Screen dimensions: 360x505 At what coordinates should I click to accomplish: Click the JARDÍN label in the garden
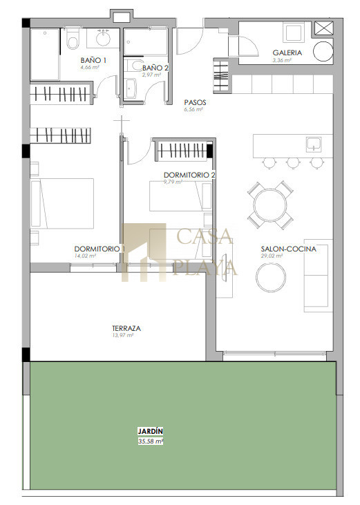point(151,431)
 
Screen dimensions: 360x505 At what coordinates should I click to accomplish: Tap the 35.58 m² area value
point(151,441)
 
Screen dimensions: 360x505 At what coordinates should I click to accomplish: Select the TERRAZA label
point(126,329)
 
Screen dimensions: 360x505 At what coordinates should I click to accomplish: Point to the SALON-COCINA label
point(289,249)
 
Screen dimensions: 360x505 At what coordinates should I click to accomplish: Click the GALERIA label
point(287,53)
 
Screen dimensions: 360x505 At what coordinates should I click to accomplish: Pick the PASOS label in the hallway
point(195,102)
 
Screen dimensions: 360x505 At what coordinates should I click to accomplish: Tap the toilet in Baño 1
point(73,39)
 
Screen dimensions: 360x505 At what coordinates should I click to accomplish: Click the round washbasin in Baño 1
point(104,38)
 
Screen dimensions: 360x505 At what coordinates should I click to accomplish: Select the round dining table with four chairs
point(270,205)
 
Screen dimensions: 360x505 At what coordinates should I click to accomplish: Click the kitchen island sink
point(314,144)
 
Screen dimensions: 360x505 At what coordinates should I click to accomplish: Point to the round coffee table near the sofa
point(271,277)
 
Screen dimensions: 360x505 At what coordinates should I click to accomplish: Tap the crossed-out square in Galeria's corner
point(323,28)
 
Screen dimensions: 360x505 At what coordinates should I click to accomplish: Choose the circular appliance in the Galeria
point(323,51)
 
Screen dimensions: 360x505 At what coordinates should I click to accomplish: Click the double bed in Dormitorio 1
point(62,204)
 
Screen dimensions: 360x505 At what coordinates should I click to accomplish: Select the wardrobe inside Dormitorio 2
point(182,150)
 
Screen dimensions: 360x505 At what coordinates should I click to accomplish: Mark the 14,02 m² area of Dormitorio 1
point(85,256)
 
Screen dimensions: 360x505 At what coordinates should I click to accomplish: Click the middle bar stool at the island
point(294,163)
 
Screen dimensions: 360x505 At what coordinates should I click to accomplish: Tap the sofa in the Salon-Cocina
point(318,276)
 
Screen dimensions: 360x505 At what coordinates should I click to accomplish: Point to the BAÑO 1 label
point(93,60)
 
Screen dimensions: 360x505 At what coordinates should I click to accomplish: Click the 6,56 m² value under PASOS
point(193,110)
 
